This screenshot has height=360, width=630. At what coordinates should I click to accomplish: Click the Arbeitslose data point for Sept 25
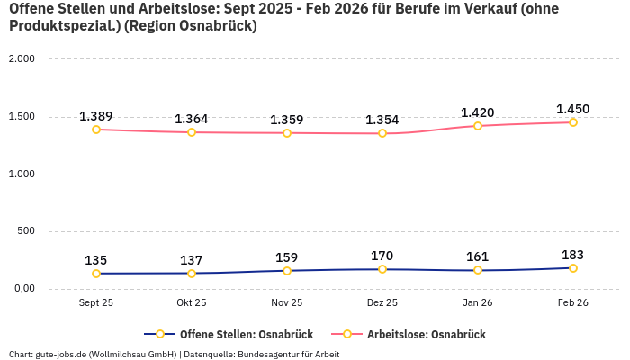click(x=96, y=130)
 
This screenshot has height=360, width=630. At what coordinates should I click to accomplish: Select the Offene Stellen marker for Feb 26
click(x=573, y=268)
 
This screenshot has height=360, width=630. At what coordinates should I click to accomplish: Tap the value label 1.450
click(x=573, y=110)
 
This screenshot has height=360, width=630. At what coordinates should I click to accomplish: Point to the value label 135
click(x=96, y=261)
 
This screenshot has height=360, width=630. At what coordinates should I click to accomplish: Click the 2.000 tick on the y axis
click(x=21, y=59)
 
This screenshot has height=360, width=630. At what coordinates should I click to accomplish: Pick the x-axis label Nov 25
click(x=287, y=303)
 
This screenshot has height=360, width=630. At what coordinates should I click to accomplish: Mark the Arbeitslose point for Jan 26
click(x=478, y=126)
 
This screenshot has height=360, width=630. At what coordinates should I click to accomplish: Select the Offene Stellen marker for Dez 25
click(x=382, y=269)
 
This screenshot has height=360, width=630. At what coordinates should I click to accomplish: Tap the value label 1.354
click(x=382, y=121)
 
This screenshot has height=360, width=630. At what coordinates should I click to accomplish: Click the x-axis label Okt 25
click(x=192, y=303)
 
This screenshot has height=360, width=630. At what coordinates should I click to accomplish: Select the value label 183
click(x=573, y=256)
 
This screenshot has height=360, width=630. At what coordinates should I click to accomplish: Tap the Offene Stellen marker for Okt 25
click(x=192, y=274)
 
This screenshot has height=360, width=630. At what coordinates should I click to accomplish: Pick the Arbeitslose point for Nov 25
click(x=287, y=133)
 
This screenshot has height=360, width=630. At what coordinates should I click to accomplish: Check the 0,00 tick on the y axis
click(x=22, y=289)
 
